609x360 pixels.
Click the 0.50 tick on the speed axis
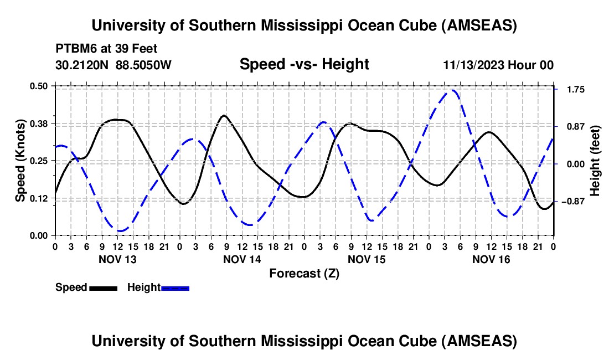[42, 86]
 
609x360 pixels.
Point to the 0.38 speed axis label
[42, 123]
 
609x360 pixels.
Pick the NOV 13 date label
[117, 259]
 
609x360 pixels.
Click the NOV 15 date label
[366, 259]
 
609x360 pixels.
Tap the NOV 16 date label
[491, 259]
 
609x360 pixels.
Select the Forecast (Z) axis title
[304, 273]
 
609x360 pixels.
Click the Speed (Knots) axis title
[20, 160]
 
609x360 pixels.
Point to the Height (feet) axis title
[595, 160]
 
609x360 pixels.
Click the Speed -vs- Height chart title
[304, 64]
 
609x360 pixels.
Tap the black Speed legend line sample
[103, 288]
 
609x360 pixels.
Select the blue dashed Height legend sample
[176, 288]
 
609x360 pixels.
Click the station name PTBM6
[74, 48]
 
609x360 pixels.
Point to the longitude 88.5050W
[144, 65]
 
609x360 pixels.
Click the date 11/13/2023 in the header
[474, 65]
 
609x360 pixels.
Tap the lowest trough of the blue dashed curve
[120, 230]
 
